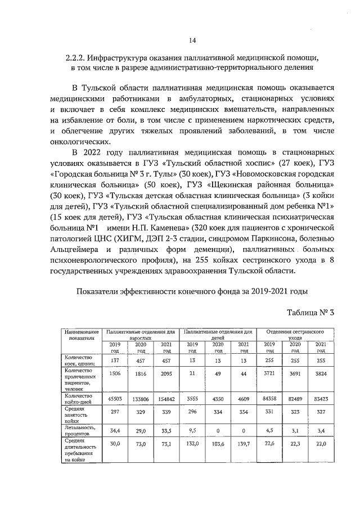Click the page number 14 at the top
coord(192,40)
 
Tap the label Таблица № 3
coord(310,313)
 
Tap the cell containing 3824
coord(319,372)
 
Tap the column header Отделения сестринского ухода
coord(294,335)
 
